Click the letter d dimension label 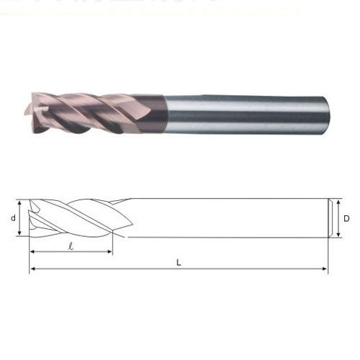(x=13, y=218)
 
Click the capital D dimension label (x=346, y=218)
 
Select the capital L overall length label (x=179, y=263)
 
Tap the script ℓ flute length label (x=71, y=246)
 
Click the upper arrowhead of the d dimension (x=19, y=203)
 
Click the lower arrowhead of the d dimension (x=19, y=233)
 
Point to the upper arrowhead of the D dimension (x=338, y=203)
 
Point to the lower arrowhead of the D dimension (x=338, y=234)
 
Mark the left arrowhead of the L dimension (x=32, y=269)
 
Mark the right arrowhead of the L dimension (x=324, y=269)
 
